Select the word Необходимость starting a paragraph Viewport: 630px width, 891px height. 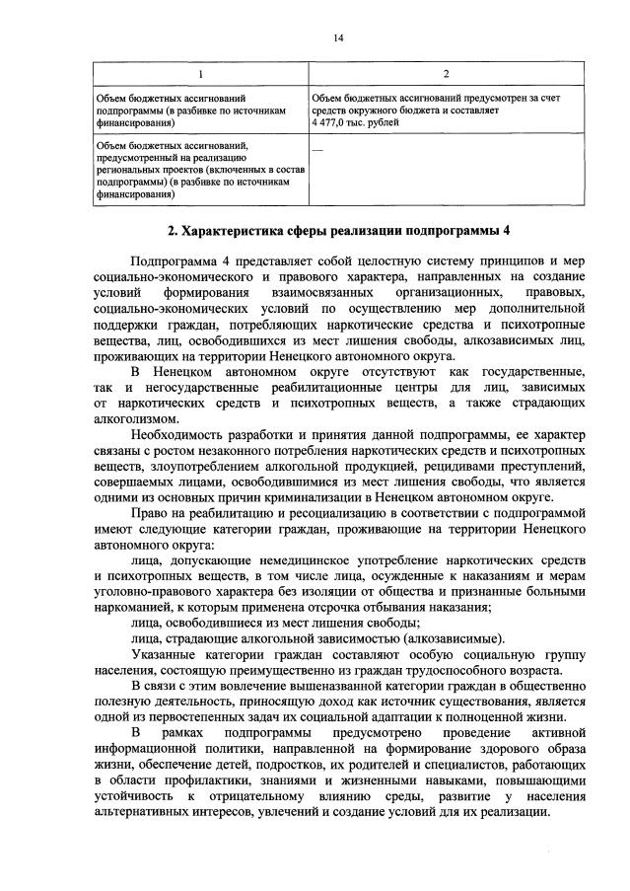177,435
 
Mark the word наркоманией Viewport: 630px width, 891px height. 128,606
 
